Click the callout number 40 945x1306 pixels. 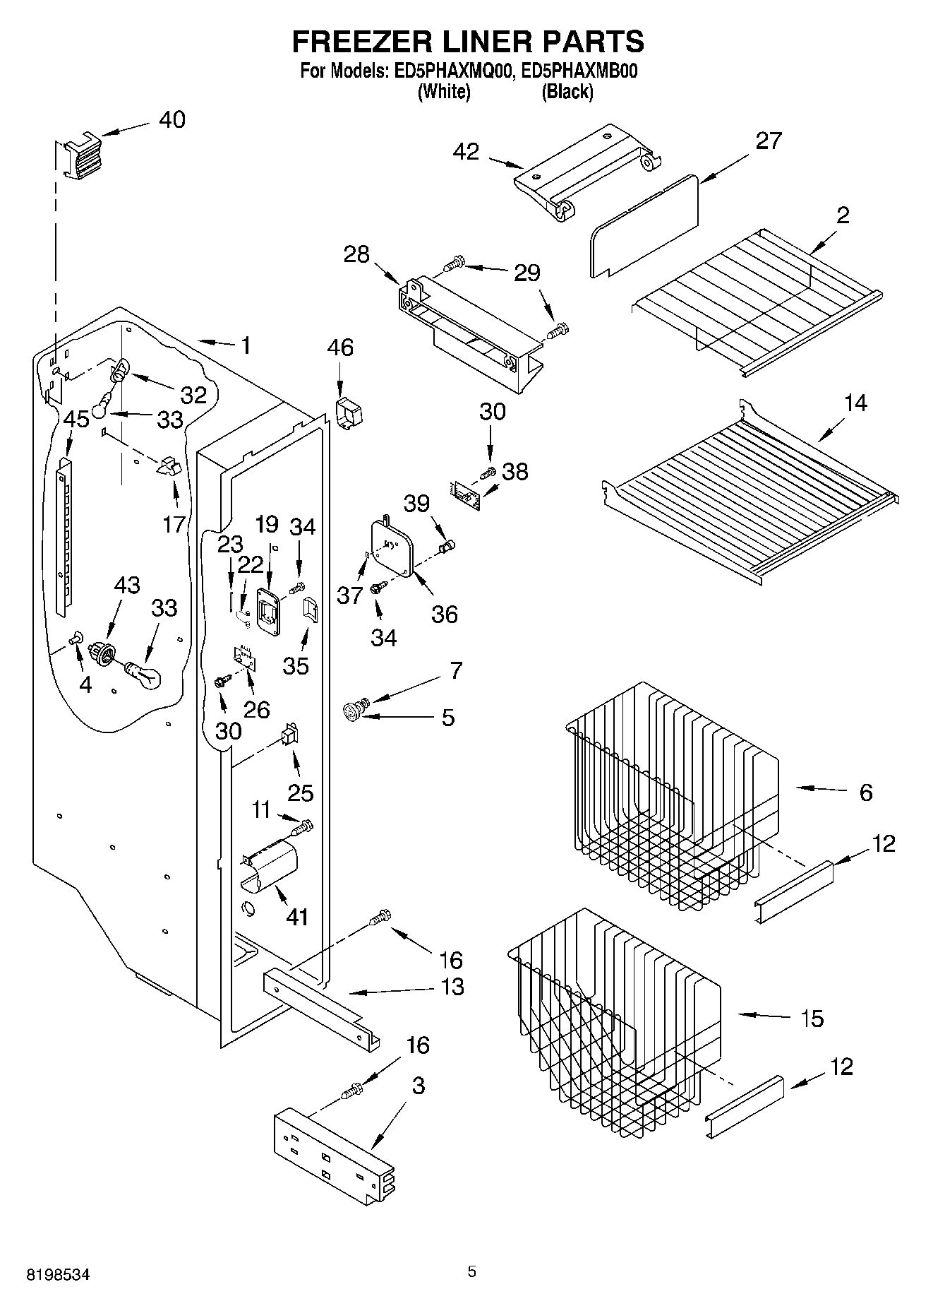[x=171, y=120]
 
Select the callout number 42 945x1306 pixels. [x=466, y=152]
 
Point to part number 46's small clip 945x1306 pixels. [x=347, y=412]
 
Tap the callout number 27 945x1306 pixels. [x=769, y=141]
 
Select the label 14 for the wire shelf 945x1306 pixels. [x=855, y=403]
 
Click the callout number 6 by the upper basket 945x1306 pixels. [x=866, y=792]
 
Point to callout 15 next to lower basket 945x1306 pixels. [x=812, y=1019]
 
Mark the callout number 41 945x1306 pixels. [x=297, y=917]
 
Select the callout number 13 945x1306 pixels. [x=452, y=987]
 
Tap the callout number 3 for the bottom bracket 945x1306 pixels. [x=419, y=1086]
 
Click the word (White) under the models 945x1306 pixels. [x=444, y=92]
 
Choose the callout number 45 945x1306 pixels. [x=76, y=420]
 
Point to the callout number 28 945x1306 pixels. [x=356, y=254]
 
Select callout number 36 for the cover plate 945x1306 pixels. [x=445, y=614]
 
